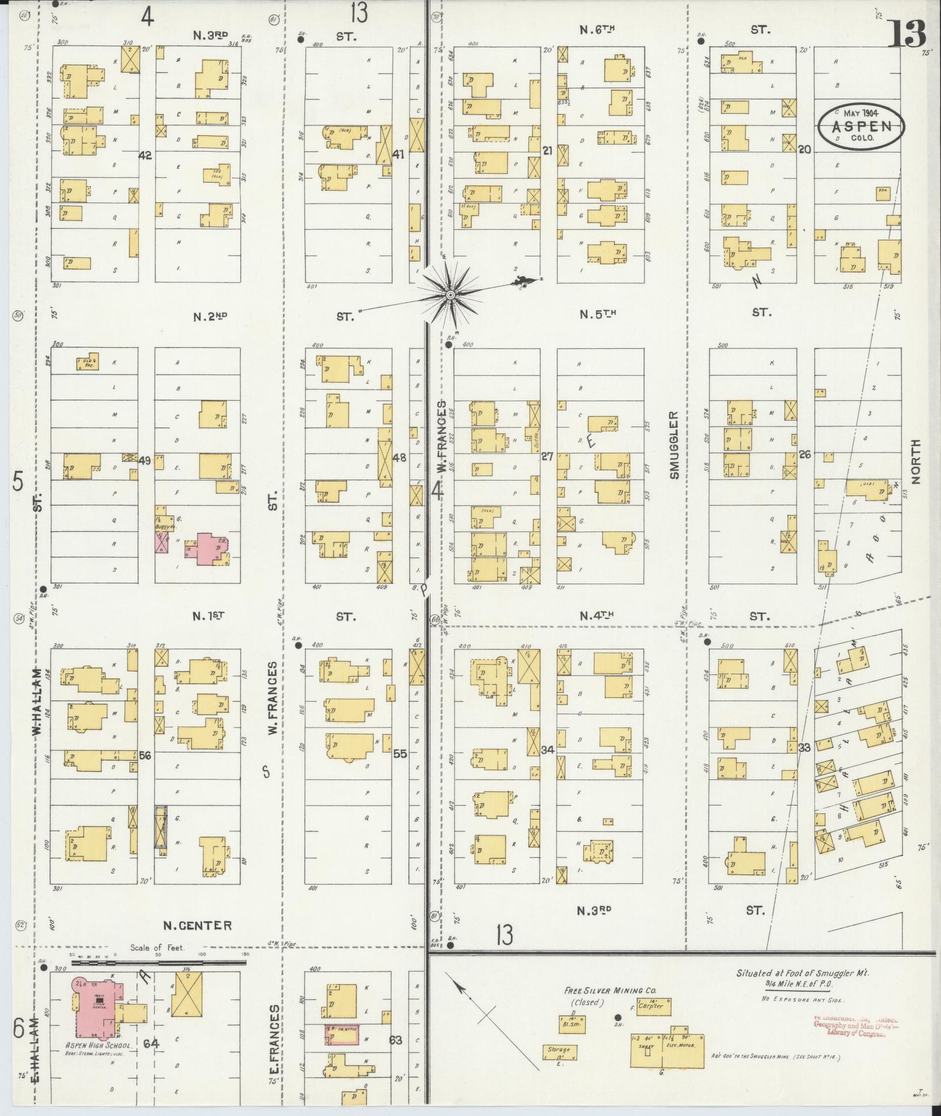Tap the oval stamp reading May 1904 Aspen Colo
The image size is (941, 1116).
860,126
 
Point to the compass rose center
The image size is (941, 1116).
450,296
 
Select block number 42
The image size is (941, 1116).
145,155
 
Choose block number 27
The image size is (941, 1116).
547,456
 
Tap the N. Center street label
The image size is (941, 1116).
197,925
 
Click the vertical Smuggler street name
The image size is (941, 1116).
674,445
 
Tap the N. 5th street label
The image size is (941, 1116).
597,314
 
